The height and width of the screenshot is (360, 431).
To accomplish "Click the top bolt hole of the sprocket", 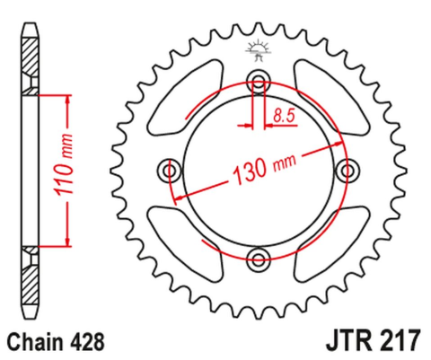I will [x=259, y=82].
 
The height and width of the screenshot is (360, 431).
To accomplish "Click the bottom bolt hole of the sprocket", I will [x=259, y=259].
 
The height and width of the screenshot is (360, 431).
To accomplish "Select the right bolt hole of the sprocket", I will [x=347, y=170].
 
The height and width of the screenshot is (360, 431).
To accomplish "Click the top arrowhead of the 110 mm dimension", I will [x=65, y=97].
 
